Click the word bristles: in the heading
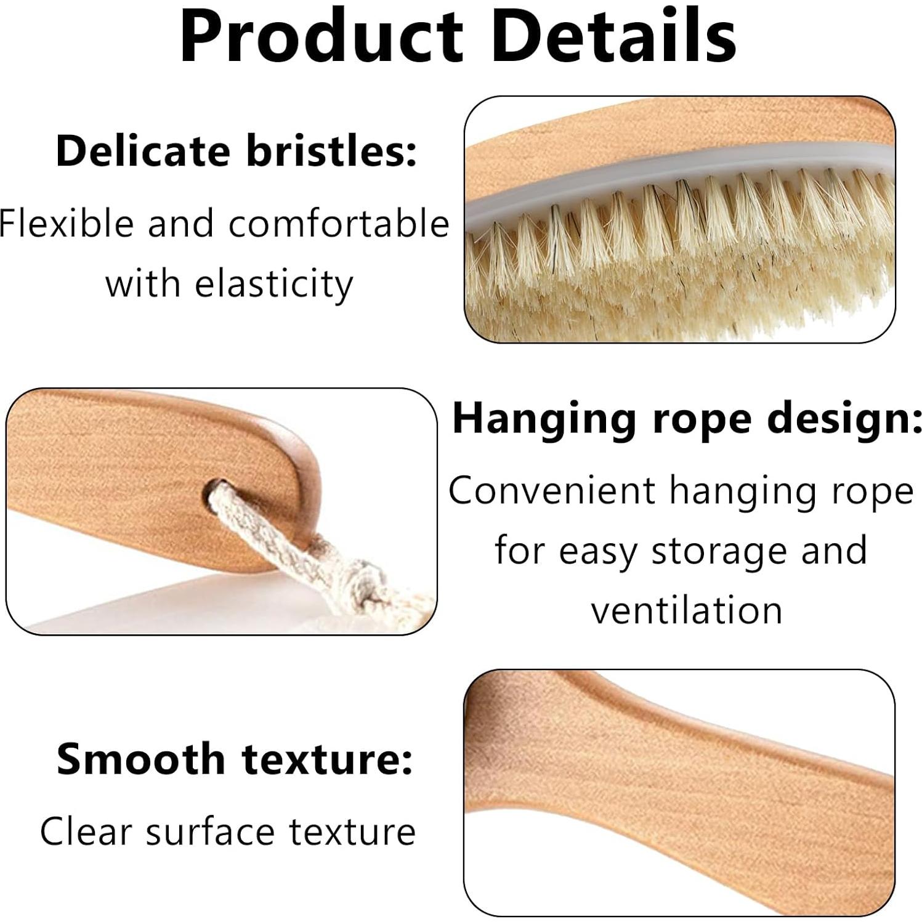332,151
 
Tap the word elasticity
273,285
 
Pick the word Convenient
552,491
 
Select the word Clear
86,831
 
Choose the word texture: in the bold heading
327,759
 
